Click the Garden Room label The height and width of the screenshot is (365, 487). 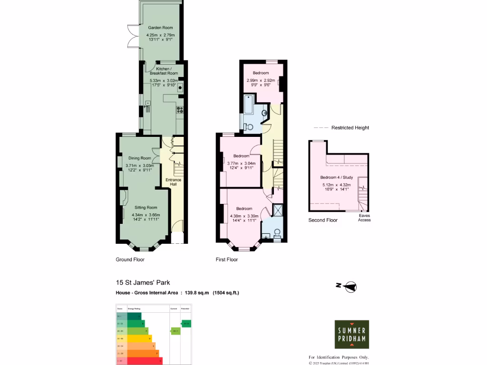156,28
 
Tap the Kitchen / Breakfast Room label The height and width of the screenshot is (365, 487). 164,71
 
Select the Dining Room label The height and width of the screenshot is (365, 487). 140,158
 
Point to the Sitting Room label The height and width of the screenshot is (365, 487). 146,208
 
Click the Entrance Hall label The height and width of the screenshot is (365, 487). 173,182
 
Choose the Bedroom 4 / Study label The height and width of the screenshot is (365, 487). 337,177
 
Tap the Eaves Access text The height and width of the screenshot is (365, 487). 365,218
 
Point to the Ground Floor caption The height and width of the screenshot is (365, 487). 130,260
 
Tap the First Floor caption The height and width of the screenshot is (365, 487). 227,260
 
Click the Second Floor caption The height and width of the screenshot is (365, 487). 323,221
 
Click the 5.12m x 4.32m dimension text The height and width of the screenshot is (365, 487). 337,185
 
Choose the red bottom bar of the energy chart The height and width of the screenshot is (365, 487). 140,361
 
